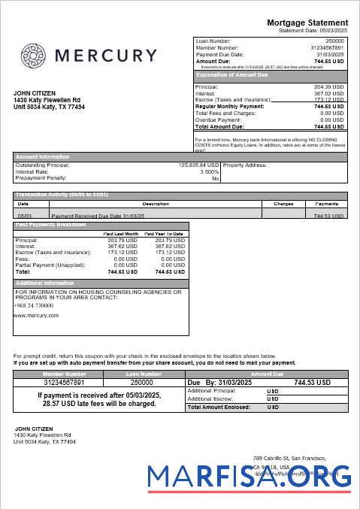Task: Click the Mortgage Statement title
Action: point(307,23)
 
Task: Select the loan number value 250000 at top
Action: point(334,41)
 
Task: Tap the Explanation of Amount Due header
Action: point(231,75)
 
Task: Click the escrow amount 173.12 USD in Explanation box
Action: point(328,99)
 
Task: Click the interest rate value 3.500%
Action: point(209,172)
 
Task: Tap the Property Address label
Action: point(245,165)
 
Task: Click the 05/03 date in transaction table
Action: point(23,215)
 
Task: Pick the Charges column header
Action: point(283,204)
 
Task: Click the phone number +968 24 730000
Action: point(34,305)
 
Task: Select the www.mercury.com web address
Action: point(36,316)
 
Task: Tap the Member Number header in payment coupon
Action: point(65,374)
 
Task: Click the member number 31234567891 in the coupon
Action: point(65,382)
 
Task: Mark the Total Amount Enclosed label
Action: point(219,407)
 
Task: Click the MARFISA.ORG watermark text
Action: point(249,477)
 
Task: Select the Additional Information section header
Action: point(45,283)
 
